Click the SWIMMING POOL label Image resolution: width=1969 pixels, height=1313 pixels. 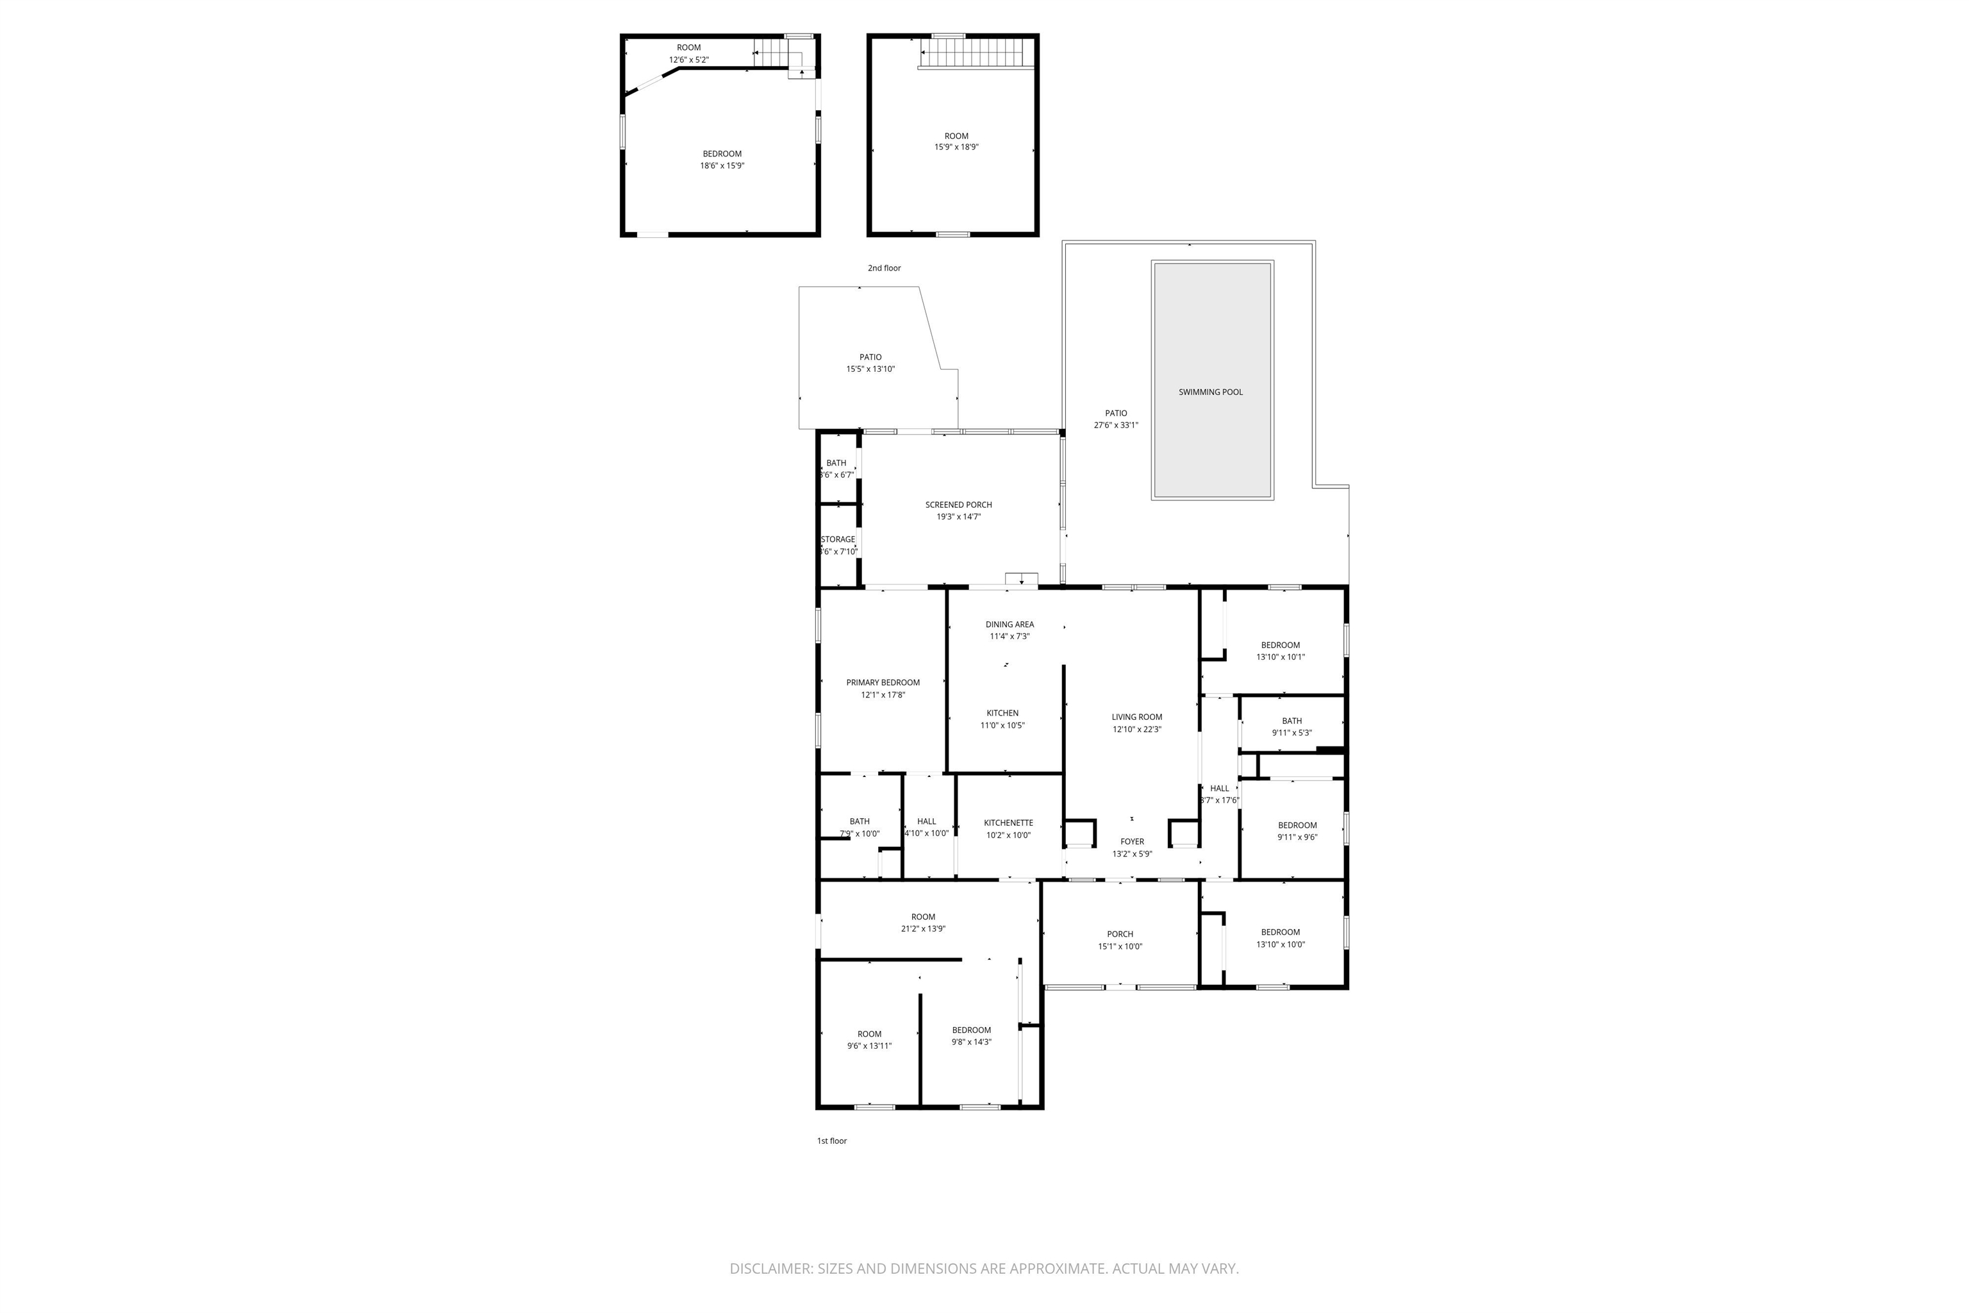point(1211,392)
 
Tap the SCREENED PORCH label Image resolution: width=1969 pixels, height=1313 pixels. point(959,505)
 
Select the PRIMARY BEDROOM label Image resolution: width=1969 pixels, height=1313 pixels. point(883,682)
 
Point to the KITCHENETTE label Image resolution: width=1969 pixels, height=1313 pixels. point(1008,823)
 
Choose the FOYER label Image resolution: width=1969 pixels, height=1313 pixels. point(1132,842)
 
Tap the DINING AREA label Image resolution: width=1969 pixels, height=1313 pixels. point(1009,624)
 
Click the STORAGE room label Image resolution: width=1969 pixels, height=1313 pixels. point(838,539)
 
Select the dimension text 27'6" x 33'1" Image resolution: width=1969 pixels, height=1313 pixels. point(1116,426)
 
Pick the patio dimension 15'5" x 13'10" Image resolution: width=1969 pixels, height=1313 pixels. point(870,369)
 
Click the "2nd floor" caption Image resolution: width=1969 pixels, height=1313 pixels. point(884,268)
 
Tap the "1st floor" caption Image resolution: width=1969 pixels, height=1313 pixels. point(831,1141)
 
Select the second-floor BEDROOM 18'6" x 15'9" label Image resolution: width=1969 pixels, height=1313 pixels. point(722,154)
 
